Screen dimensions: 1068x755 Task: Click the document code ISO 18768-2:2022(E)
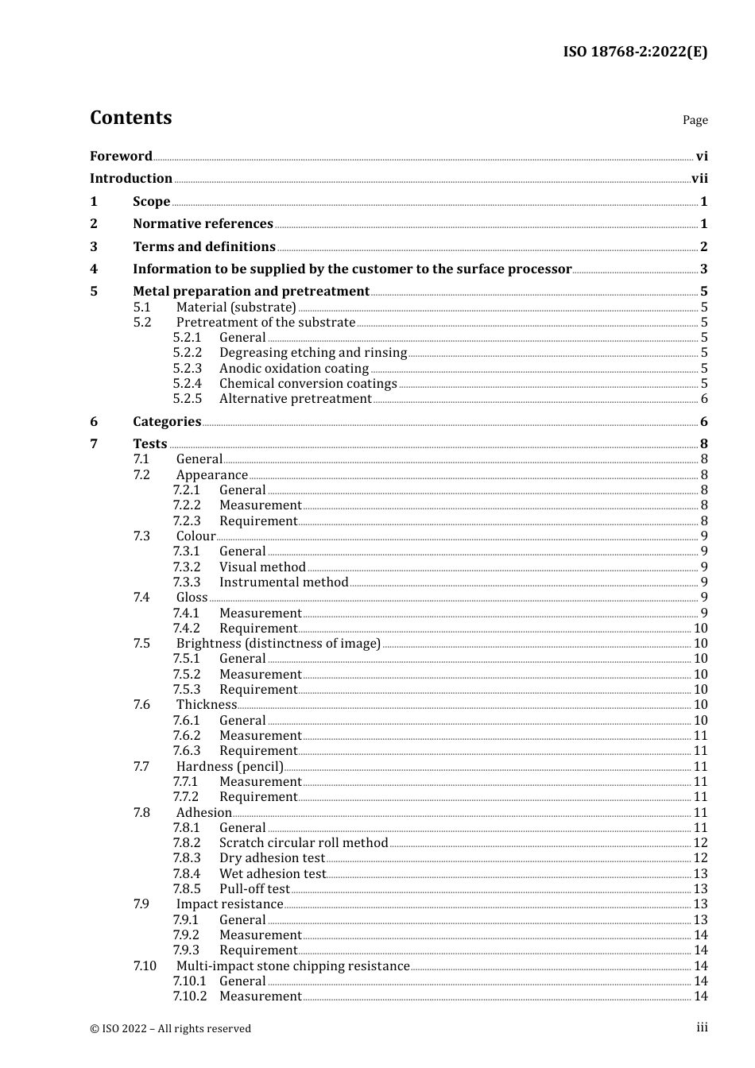pos(635,52)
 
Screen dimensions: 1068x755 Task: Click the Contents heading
pos(130,118)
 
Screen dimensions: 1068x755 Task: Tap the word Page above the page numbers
pos(695,120)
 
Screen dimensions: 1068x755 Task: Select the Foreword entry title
pos(121,156)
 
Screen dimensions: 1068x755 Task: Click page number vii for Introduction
pos(699,179)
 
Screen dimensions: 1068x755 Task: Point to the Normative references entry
pos(203,224)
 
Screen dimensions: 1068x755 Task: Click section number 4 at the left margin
pos(94,269)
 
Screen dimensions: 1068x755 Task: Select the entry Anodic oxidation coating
pos(294,369)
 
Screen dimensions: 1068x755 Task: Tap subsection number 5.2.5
pos(188,399)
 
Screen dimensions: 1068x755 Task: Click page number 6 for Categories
pos(703,422)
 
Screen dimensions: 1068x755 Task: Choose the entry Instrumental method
pos(284,582)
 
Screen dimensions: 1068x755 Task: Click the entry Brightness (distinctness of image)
pos(278,644)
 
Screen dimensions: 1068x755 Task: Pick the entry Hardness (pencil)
pos(230,767)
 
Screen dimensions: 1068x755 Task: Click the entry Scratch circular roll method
pos(304,843)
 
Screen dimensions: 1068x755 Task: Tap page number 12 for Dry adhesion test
pos(700,858)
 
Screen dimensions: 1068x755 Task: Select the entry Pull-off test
pos(254,889)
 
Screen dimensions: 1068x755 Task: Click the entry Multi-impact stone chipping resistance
pos(292,966)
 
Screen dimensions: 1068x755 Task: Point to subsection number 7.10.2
pos(189,996)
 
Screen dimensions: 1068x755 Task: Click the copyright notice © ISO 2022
pos(170,1028)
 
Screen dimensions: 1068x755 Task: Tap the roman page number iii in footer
pos(702,1027)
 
